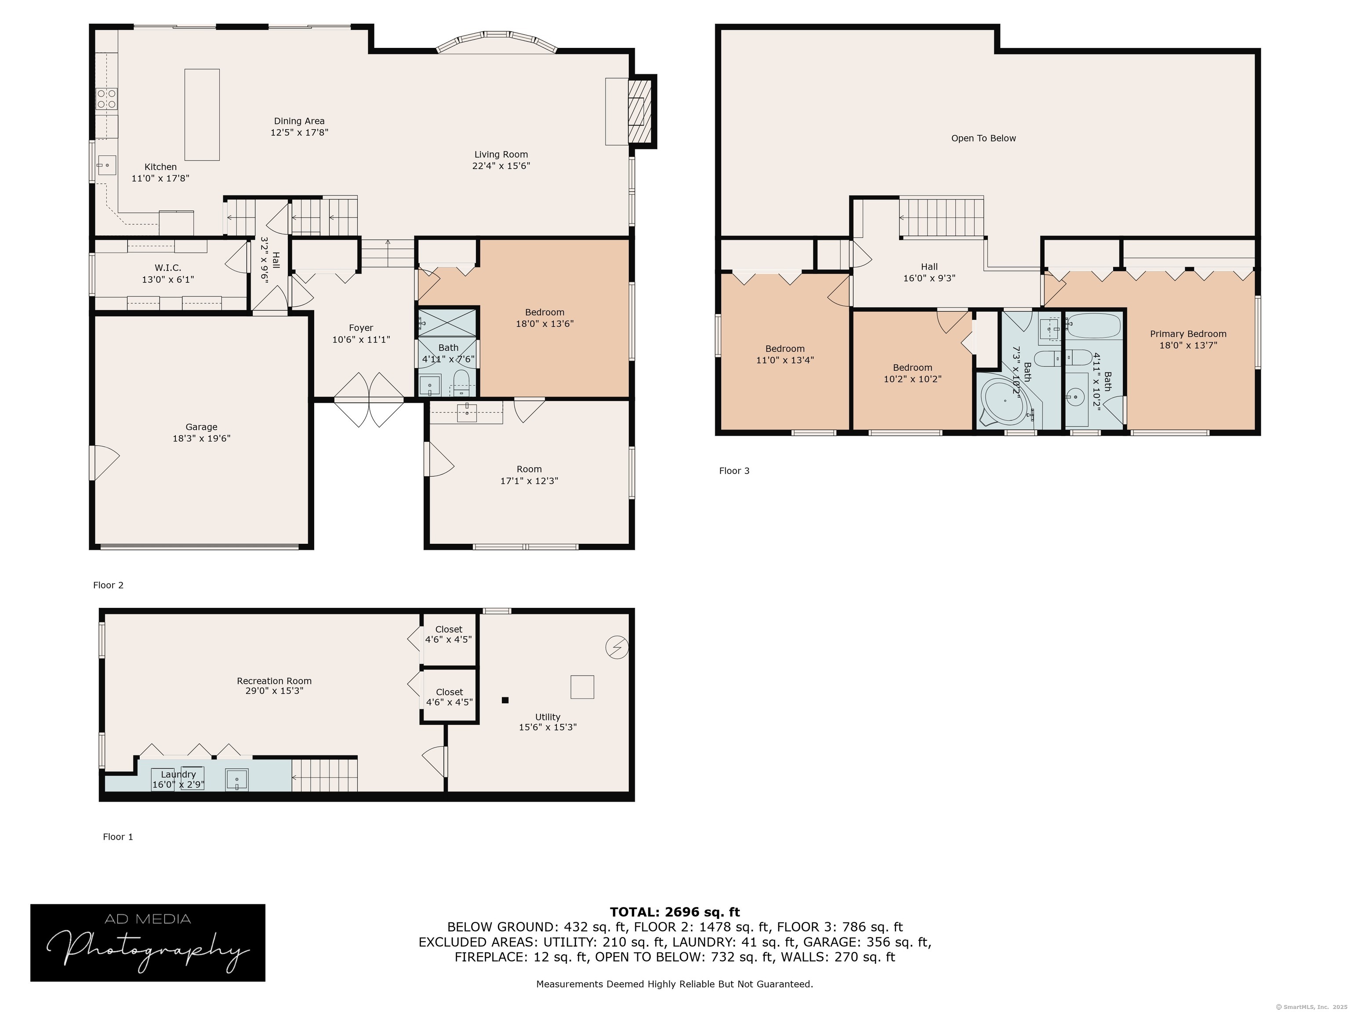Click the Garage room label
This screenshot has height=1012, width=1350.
pos(201,427)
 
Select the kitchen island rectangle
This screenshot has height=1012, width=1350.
pos(202,115)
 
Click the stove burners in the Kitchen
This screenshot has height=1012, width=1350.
pos(107,99)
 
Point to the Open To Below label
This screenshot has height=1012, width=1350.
pos(983,138)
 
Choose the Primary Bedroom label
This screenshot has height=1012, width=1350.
pos(1188,334)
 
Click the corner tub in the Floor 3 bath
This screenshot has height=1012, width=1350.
pos(1005,401)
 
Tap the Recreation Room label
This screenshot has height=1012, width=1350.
pos(274,681)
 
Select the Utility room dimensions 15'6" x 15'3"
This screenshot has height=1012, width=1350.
pos(548,727)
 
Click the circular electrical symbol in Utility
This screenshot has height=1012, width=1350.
pos(617,647)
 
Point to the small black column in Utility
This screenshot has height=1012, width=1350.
pos(505,700)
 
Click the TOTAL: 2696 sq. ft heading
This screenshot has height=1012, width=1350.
pos(675,912)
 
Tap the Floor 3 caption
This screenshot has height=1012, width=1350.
pos(734,471)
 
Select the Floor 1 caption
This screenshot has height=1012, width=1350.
pos(118,837)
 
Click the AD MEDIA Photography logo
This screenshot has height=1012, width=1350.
pos(148,943)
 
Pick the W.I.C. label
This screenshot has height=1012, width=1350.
pos(168,268)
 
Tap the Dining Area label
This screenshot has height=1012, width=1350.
pos(299,121)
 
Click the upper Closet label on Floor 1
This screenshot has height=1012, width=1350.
pos(449,629)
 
